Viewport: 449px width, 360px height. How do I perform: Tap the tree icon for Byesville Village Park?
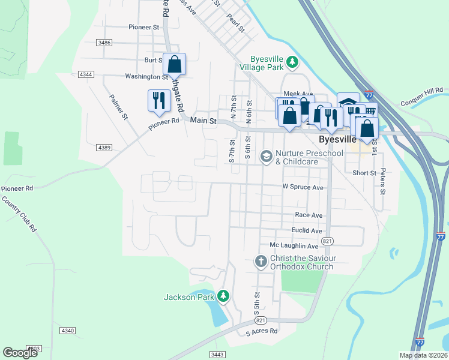pyautogui.click(x=292, y=61)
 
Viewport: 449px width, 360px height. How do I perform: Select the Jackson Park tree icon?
pyautogui.click(x=223, y=296)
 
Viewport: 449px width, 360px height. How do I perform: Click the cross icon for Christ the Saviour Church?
pyautogui.click(x=261, y=261)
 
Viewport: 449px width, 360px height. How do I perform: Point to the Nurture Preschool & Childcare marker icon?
pyautogui.click(x=265, y=156)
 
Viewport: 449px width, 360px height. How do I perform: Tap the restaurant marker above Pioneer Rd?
pyautogui.click(x=158, y=100)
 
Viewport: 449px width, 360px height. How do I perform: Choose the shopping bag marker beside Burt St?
pyautogui.click(x=174, y=64)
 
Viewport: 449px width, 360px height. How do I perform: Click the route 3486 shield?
pyautogui.click(x=104, y=42)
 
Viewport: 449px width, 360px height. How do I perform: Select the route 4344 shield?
pyautogui.click(x=86, y=74)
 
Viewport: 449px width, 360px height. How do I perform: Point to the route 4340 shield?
pyautogui.click(x=67, y=330)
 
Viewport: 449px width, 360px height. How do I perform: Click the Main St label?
pyautogui.click(x=202, y=121)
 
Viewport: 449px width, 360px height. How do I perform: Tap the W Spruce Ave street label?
pyautogui.click(x=303, y=187)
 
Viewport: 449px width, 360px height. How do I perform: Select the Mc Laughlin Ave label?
pyautogui.click(x=294, y=246)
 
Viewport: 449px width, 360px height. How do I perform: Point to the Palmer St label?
pyautogui.click(x=118, y=107)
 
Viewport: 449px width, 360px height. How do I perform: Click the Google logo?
pyautogui.click(x=20, y=352)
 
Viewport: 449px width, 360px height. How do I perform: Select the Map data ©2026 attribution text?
pyautogui.click(x=423, y=355)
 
